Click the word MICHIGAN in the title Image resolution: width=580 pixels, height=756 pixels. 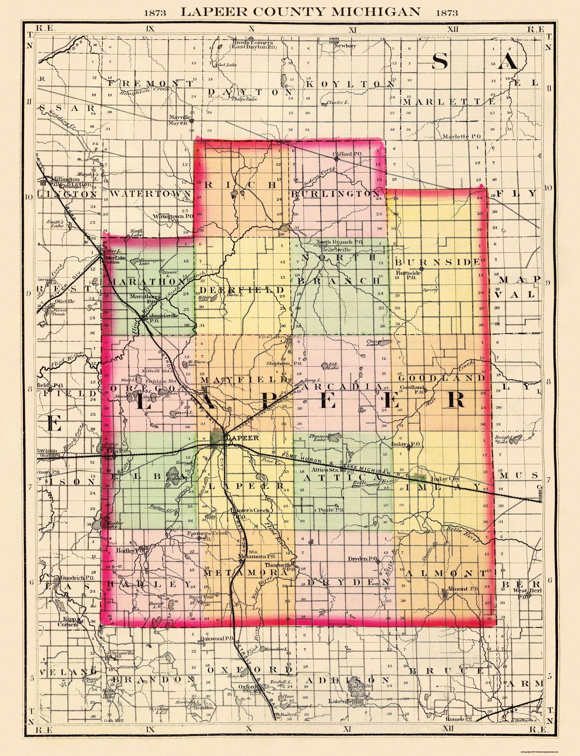point(377,12)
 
